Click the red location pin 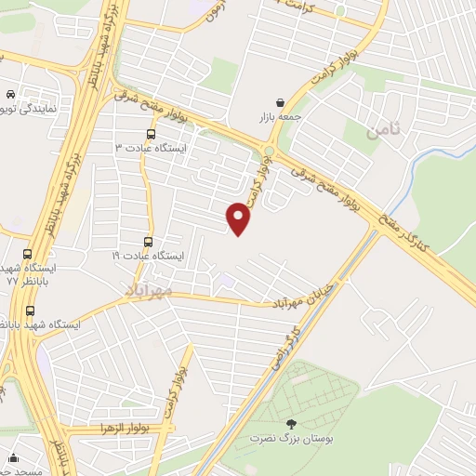point(239,218)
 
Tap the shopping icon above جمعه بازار point(281,102)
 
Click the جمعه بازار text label point(280,118)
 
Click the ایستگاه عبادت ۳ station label point(150,147)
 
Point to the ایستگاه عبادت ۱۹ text point(148,255)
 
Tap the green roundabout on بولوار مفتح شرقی point(269,152)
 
